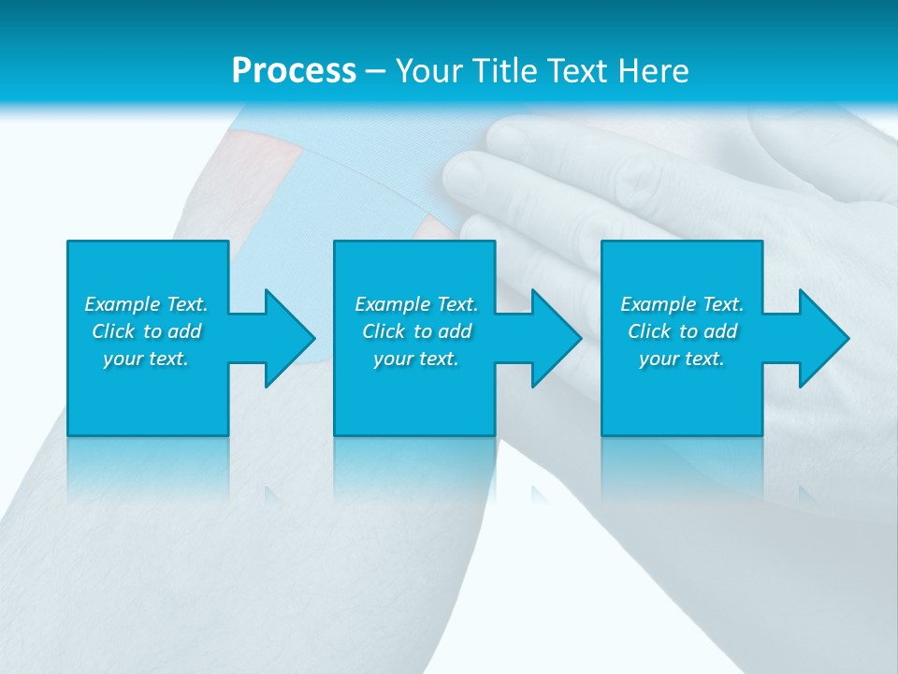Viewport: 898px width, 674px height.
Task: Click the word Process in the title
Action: pos(294,70)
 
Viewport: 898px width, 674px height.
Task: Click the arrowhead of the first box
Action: pos(289,338)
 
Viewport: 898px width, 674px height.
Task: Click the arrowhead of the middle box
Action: pos(556,338)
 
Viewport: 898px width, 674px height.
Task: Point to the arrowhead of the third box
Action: pos(823,338)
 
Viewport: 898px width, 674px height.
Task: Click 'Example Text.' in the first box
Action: pos(146,304)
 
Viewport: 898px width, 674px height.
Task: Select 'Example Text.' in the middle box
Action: pos(416,304)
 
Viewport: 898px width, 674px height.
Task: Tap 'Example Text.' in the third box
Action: pos(682,304)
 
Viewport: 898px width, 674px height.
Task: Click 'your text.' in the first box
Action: pos(146,359)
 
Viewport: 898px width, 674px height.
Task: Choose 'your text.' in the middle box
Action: pos(416,359)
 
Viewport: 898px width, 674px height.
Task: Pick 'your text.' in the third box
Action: pos(682,359)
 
